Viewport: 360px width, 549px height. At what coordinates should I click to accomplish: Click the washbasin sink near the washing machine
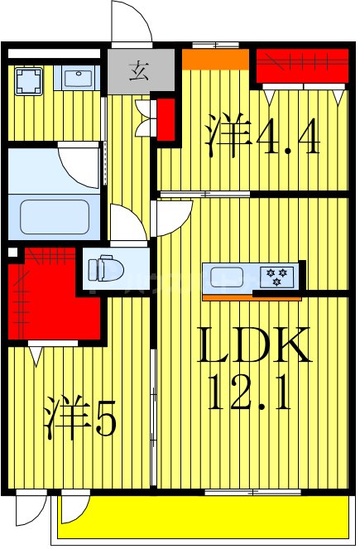pyautogui.click(x=78, y=79)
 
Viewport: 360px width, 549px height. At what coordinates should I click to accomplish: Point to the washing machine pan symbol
pyautogui.click(x=30, y=79)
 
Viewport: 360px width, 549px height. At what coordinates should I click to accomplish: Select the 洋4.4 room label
pyautogui.click(x=259, y=138)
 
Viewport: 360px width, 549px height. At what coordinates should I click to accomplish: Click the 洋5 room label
pyautogui.click(x=79, y=419)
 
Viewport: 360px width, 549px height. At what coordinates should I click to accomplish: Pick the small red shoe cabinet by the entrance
pyautogui.click(x=166, y=118)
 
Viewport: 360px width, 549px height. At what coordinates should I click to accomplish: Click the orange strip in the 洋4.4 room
pyautogui.click(x=215, y=60)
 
